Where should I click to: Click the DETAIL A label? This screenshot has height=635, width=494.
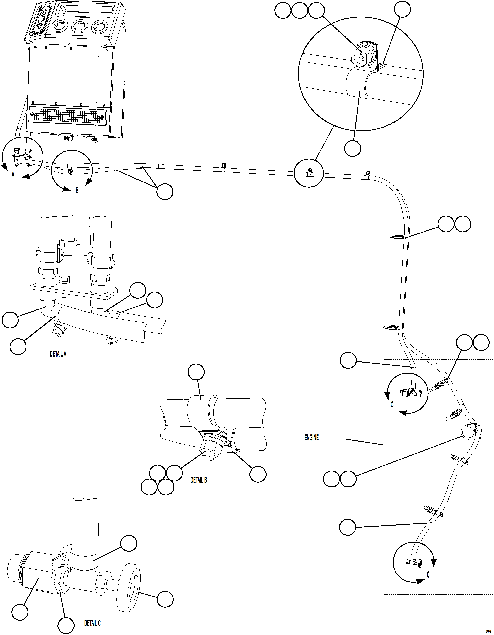(58, 354)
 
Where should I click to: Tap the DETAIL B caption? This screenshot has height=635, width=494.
(198, 480)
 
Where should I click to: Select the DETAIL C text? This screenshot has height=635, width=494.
(92, 623)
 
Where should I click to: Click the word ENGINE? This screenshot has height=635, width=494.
(311, 438)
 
